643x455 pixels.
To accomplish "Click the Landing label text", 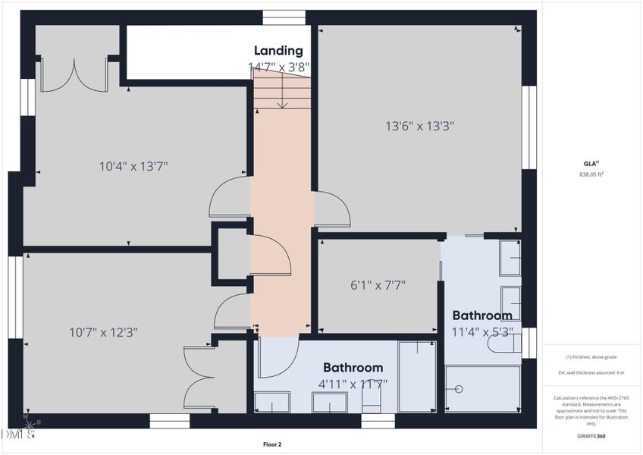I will [278, 51].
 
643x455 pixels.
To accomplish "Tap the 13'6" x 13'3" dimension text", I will [419, 126].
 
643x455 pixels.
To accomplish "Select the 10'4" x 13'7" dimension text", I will [133, 166].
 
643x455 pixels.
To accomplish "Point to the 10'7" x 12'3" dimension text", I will [103, 331].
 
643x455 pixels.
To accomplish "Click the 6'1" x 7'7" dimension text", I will [378, 285].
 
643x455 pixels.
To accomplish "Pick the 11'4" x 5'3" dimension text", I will [483, 331].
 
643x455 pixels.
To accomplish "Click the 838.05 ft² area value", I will [591, 174].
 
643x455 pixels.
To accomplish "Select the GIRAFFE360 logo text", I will [591, 436].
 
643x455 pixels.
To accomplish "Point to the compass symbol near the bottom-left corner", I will [29, 426].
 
